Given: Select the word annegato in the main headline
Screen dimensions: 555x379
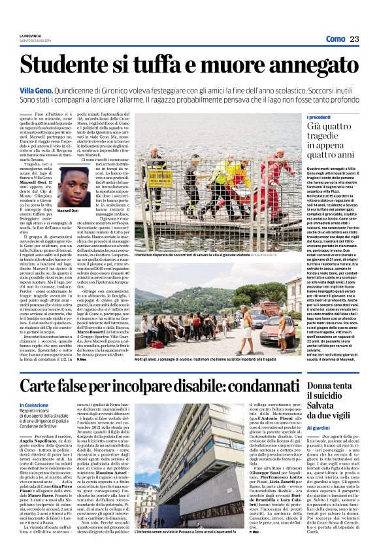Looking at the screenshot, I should tap(308, 65).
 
